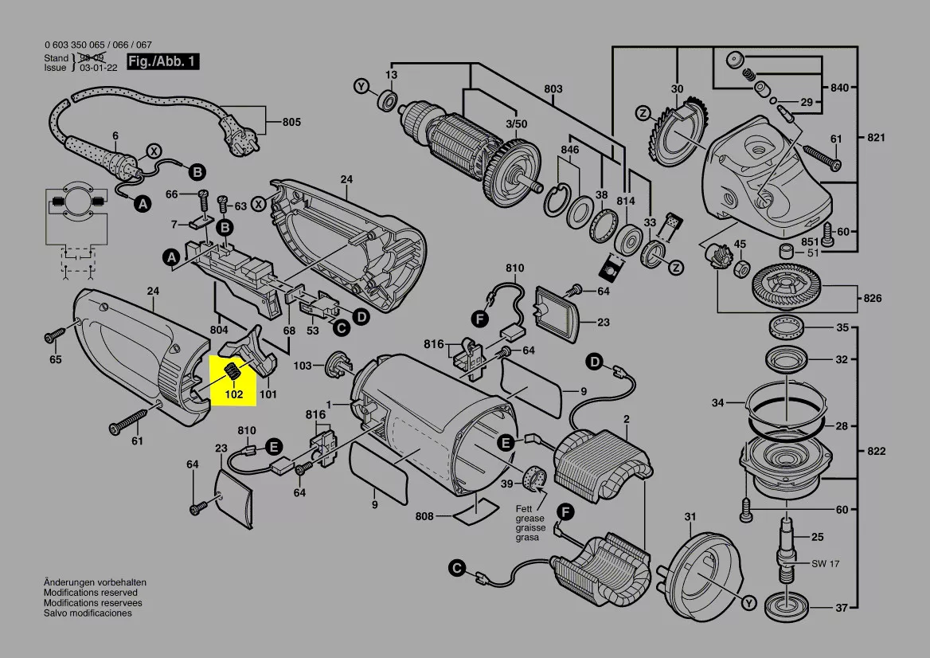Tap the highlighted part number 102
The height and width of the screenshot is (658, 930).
coord(233,394)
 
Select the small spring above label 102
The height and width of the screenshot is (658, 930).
coord(233,370)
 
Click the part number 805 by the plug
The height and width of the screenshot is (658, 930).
coord(291,123)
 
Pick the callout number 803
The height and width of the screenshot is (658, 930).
coord(553,89)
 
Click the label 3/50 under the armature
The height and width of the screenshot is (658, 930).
coord(516,123)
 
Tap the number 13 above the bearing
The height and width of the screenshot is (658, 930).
coord(391,75)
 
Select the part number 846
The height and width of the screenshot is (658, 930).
coord(569,150)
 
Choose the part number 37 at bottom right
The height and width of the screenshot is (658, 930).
coord(842,608)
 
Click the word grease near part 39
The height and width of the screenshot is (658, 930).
coord(529,519)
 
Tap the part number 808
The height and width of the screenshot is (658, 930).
coord(424,516)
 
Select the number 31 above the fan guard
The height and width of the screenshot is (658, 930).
coord(690,516)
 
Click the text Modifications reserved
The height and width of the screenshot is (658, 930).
coord(90,593)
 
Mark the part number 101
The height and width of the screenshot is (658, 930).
coord(268,393)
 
